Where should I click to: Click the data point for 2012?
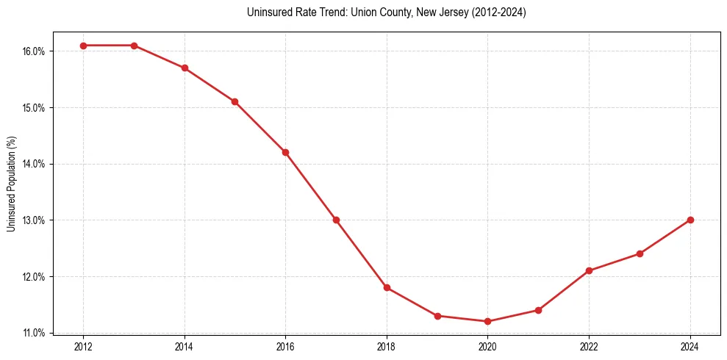pyautogui.click(x=83, y=46)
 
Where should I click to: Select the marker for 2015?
pyautogui.click(x=234, y=101)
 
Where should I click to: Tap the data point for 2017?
pyautogui.click(x=336, y=220)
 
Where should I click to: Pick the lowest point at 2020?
pyautogui.click(x=487, y=321)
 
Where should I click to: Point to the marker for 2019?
pyautogui.click(x=437, y=316)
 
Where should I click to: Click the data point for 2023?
pyautogui.click(x=640, y=253)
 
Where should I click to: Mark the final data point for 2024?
pyautogui.click(x=690, y=220)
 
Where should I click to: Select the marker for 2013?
pyautogui.click(x=134, y=46)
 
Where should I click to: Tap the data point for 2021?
pyautogui.click(x=538, y=310)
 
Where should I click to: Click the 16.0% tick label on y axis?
pyautogui.click(x=35, y=51)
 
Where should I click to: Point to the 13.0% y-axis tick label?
pyautogui.click(x=35, y=220)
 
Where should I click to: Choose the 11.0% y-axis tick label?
pyautogui.click(x=35, y=334)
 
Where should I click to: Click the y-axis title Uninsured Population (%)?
pyautogui.click(x=11, y=184)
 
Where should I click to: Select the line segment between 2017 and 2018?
pyautogui.click(x=362, y=253)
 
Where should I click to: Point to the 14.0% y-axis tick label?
pyautogui.click(x=35, y=164)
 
